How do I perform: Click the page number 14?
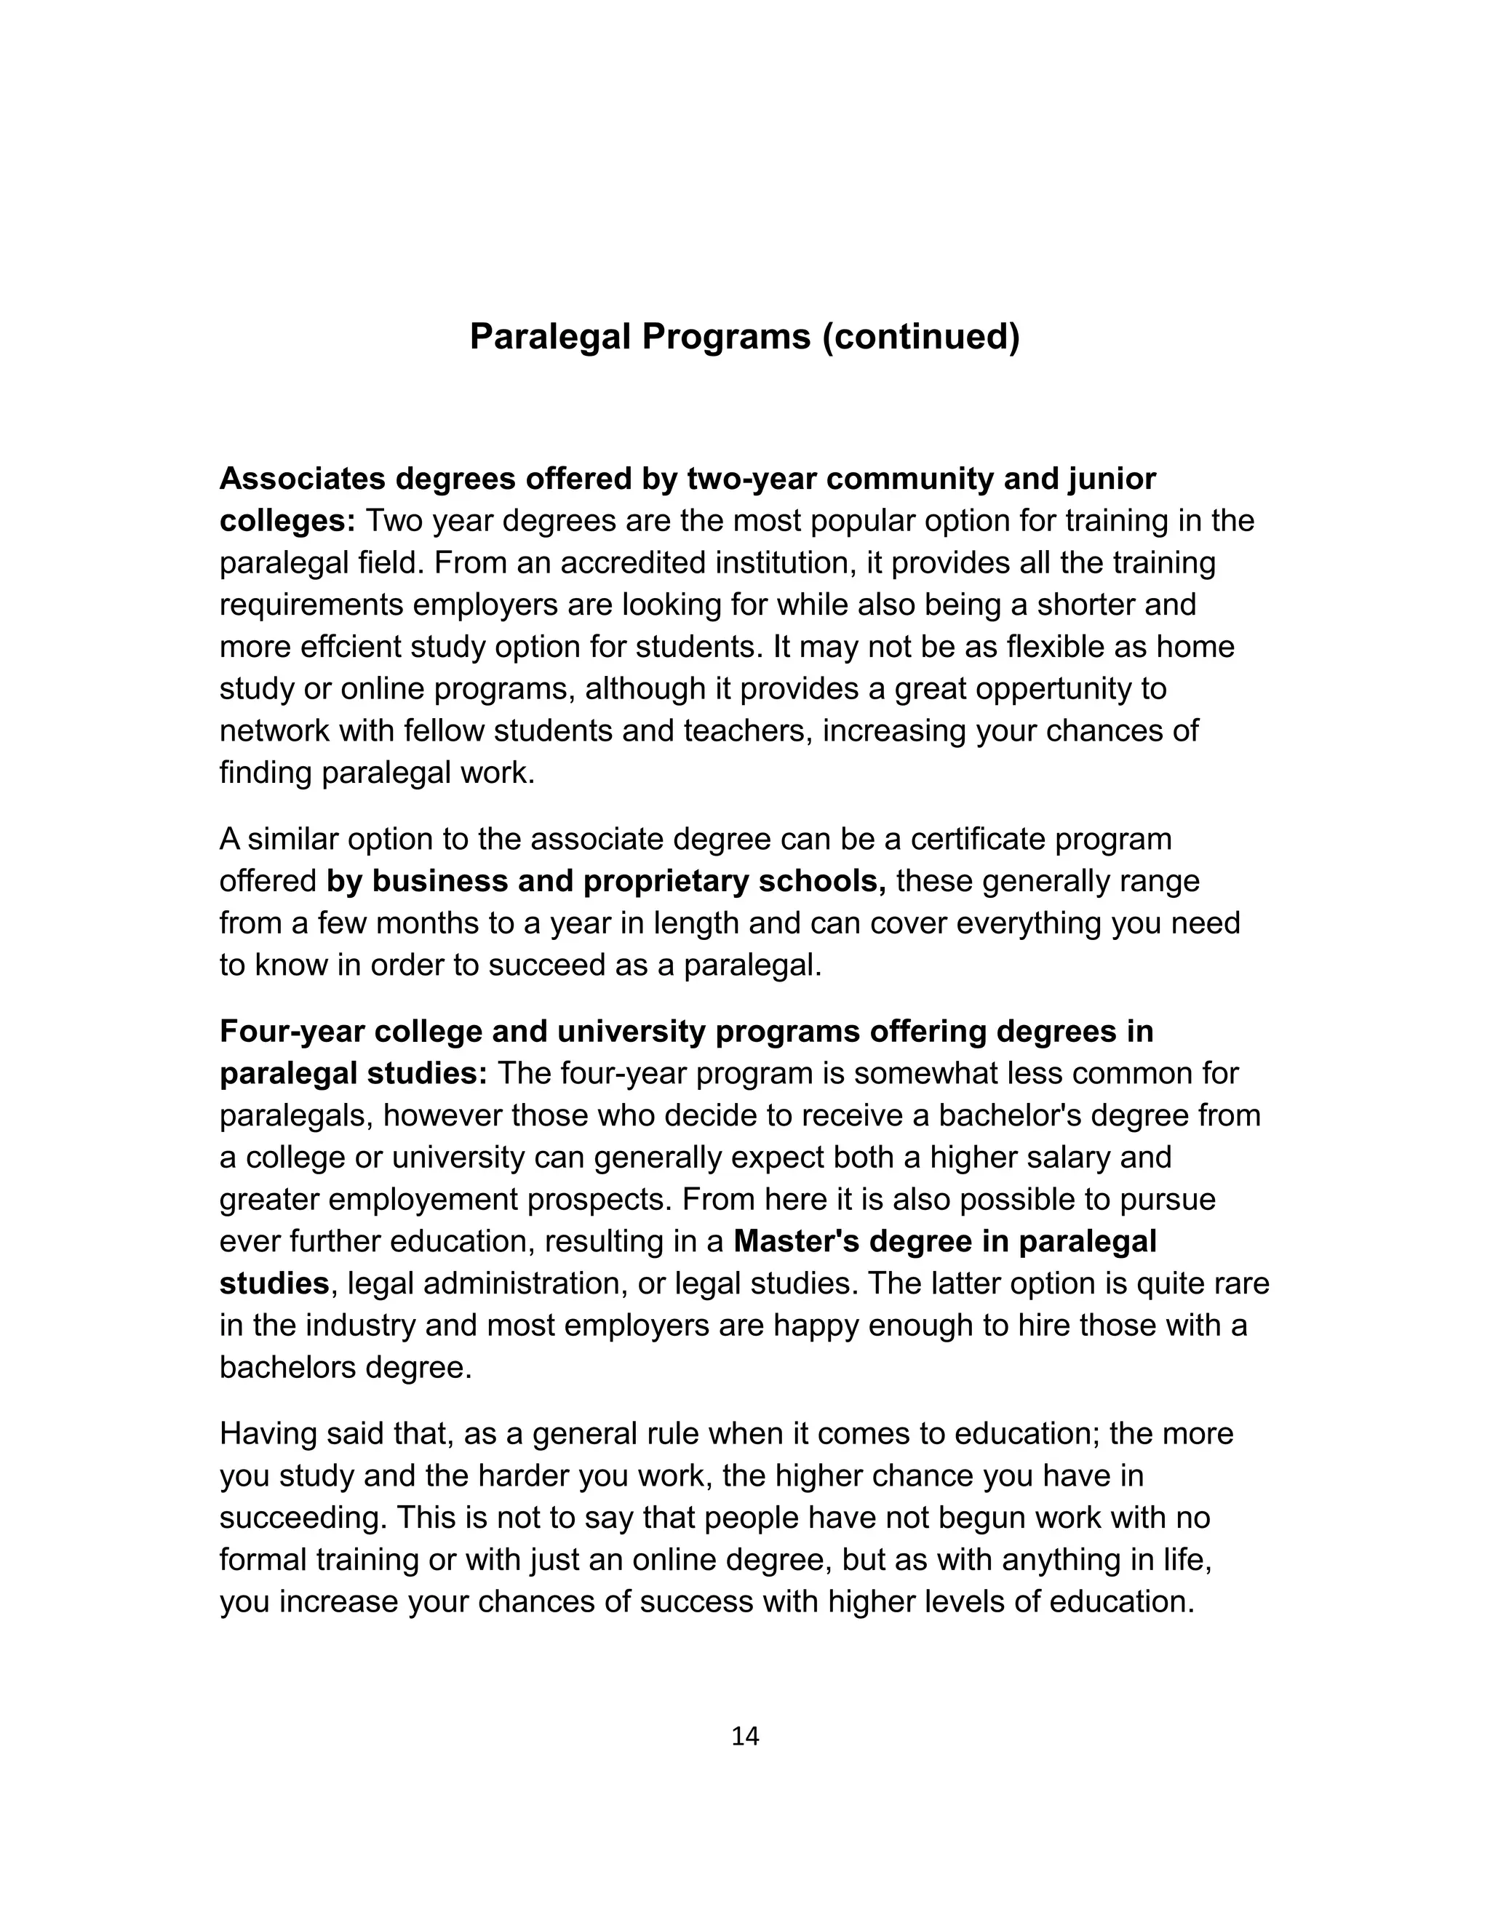click(x=745, y=1737)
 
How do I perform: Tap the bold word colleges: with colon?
click(x=287, y=521)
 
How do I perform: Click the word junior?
click(x=1112, y=479)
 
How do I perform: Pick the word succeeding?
click(x=303, y=1518)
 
